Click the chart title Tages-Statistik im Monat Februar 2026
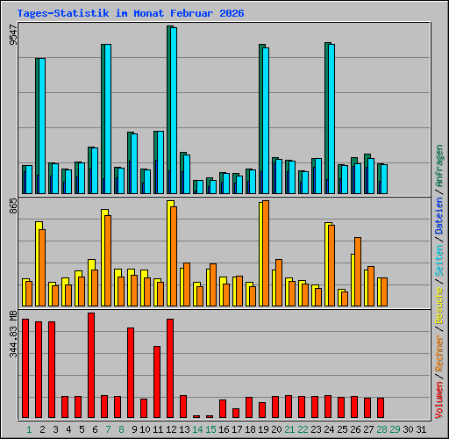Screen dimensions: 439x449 (x=130, y=13)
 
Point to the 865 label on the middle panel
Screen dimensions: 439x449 (x=12, y=208)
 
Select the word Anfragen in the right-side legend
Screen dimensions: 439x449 (x=439, y=166)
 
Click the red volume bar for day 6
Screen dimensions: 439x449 (x=91, y=365)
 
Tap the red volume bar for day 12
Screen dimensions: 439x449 (x=170, y=368)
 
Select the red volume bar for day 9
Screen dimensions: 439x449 (x=131, y=372)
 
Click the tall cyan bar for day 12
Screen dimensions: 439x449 (x=174, y=111)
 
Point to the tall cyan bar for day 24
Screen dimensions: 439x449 (x=331, y=119)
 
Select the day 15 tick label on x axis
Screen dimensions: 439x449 (x=210, y=429)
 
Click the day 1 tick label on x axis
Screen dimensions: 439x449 (x=29, y=429)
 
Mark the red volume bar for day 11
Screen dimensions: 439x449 (x=157, y=382)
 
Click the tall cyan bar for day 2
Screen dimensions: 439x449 (x=41, y=126)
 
